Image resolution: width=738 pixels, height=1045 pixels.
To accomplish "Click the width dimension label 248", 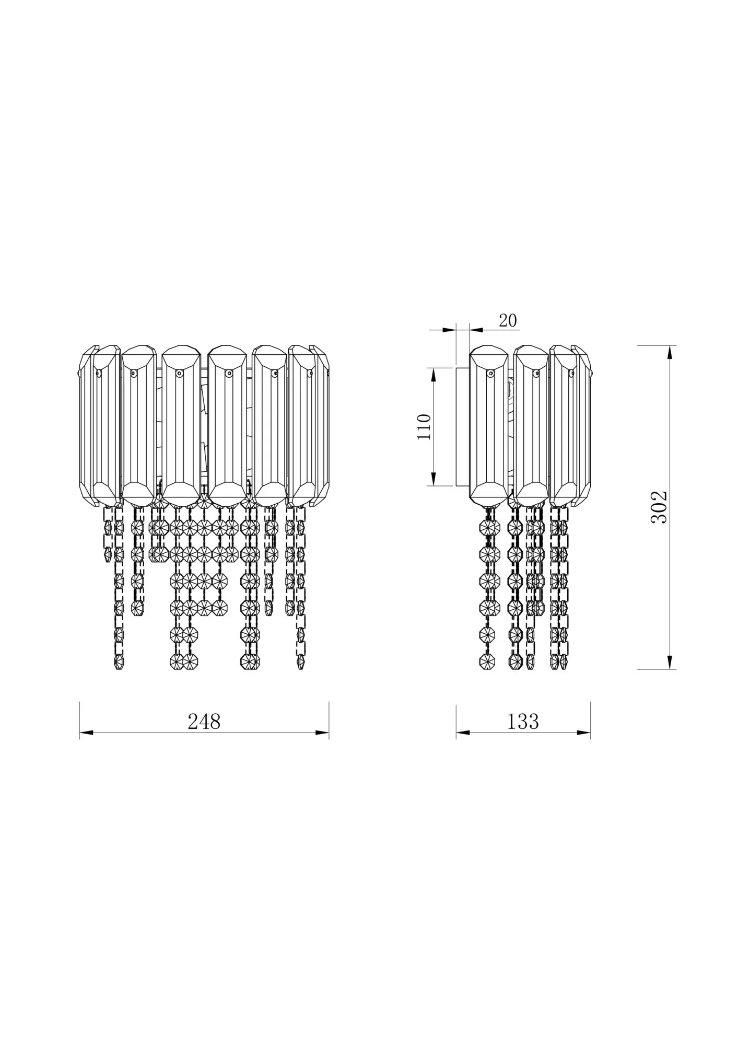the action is pos(204,722).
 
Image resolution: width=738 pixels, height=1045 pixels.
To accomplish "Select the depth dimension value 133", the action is pos(523,722).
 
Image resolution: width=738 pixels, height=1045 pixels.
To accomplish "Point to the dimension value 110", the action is pos(425,426).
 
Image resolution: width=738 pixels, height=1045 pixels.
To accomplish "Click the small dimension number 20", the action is pos(508,320).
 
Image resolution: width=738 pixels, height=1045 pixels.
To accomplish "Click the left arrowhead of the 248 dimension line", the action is pos(86,733).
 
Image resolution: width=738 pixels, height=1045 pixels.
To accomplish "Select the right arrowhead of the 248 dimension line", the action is pos(322,733).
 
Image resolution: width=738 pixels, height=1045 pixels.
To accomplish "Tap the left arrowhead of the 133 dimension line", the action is pos(463,733).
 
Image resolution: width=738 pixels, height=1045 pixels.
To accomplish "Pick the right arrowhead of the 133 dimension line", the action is pos(584,733).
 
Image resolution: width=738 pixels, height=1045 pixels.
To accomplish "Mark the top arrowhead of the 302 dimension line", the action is pos(670,352).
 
